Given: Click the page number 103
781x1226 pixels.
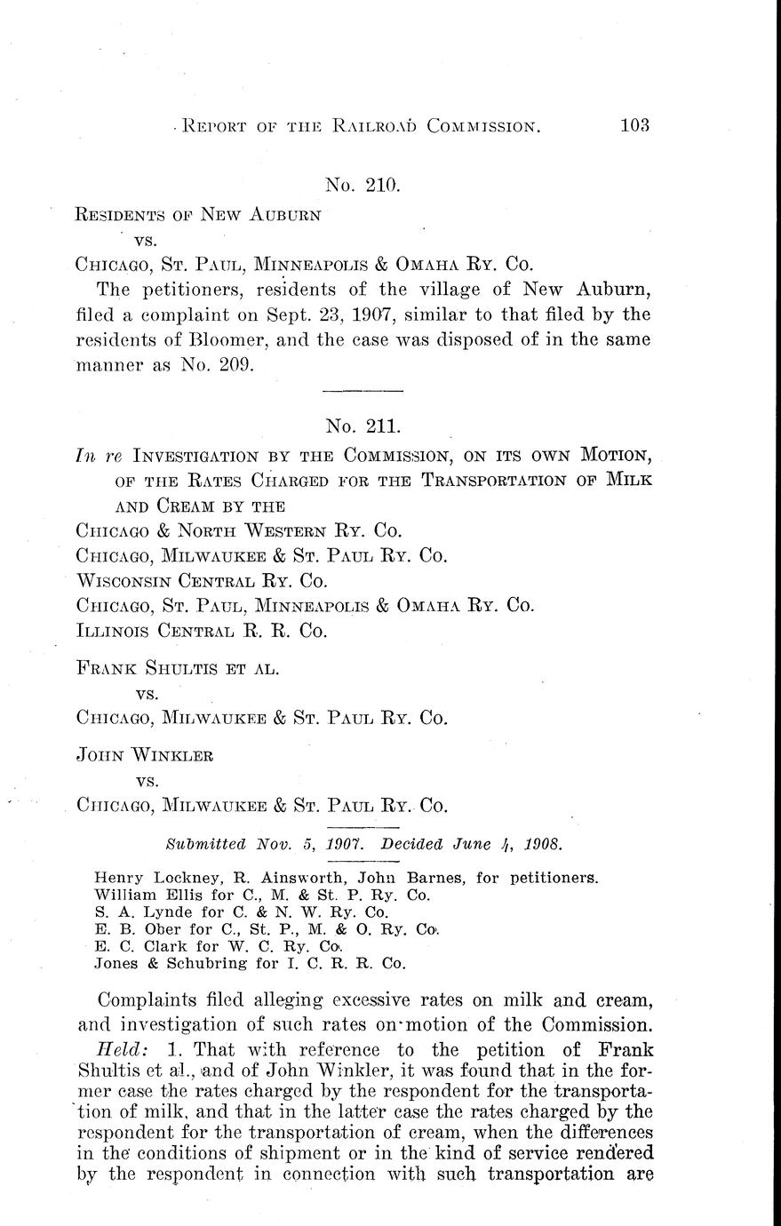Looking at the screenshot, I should click(634, 124).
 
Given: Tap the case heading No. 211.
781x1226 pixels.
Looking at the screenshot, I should click(363, 426).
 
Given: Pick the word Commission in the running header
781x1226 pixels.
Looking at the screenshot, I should click(484, 126).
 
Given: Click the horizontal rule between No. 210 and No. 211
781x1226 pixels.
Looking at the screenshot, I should click(363, 391).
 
